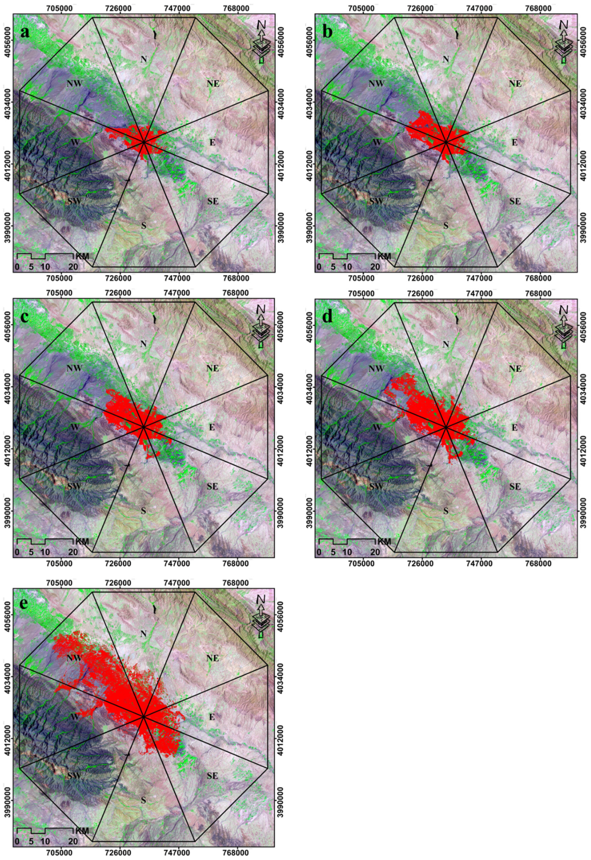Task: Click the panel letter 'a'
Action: [25, 33]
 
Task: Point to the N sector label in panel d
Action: [446, 344]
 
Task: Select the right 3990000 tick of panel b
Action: [584, 227]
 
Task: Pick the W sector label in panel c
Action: [75, 427]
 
